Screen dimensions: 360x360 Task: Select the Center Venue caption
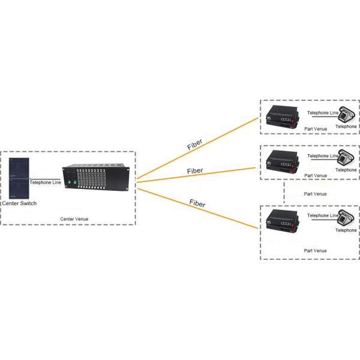(74, 219)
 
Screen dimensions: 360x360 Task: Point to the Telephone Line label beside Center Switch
(45, 182)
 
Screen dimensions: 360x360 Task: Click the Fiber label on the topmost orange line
(196, 144)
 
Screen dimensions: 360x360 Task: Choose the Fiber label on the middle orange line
(195, 171)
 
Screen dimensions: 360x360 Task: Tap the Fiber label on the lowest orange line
(197, 203)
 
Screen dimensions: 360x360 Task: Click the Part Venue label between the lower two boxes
(316, 194)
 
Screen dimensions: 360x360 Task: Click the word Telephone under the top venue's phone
(346, 127)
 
